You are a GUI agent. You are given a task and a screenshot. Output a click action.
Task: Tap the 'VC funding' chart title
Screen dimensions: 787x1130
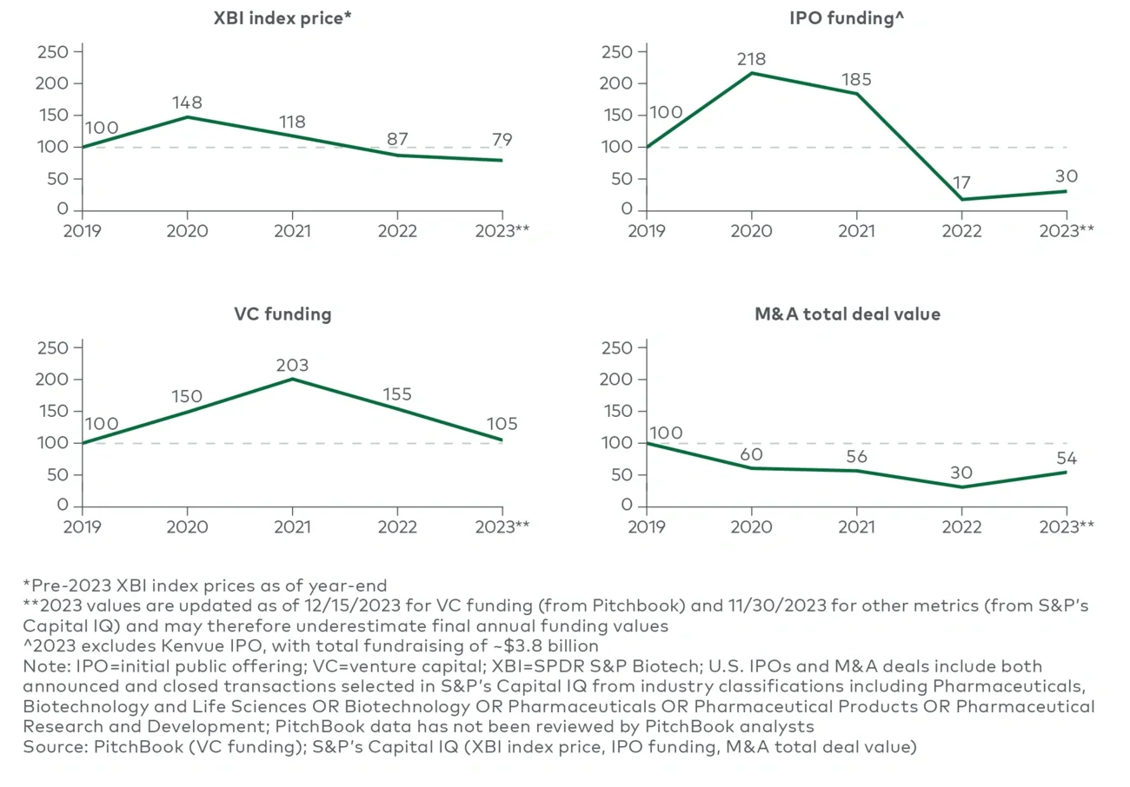[282, 314]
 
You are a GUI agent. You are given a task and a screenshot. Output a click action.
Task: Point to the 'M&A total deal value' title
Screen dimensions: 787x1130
[847, 314]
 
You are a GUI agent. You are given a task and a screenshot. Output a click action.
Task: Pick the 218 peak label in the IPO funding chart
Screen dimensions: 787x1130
[750, 60]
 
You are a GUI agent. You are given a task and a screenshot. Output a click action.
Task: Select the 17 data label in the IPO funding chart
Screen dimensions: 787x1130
[960, 183]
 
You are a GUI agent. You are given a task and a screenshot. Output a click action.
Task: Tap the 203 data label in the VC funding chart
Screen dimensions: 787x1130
[291, 365]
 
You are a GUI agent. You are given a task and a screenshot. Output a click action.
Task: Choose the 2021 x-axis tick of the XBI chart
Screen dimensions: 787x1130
[292, 231]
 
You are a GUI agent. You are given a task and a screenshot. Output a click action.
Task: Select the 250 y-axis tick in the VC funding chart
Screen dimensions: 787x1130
[53, 348]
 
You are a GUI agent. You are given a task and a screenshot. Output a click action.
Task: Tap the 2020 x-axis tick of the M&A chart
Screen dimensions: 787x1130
[751, 526]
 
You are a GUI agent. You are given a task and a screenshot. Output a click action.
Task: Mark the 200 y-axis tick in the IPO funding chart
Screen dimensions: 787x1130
[618, 83]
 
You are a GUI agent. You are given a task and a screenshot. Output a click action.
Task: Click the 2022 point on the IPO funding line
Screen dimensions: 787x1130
[961, 200]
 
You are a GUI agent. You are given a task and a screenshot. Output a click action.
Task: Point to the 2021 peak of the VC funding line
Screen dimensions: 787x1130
[292, 379]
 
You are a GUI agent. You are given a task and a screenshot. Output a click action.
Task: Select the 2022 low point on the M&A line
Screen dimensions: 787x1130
[961, 487]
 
